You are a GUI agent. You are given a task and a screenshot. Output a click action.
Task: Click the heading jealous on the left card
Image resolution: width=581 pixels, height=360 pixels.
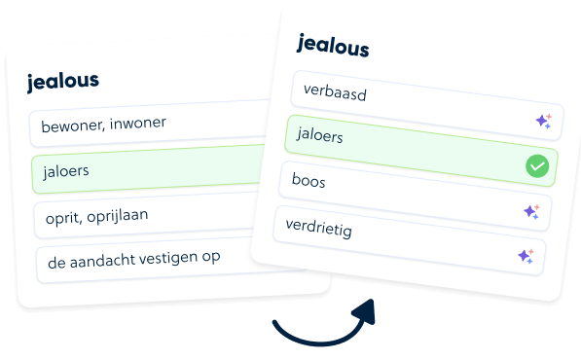(63, 82)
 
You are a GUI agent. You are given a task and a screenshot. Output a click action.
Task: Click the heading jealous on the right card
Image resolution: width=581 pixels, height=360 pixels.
(333, 46)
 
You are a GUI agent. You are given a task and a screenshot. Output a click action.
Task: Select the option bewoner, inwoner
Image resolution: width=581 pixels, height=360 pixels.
(103, 125)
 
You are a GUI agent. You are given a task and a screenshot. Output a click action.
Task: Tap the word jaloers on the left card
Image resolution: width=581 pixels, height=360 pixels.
(66, 171)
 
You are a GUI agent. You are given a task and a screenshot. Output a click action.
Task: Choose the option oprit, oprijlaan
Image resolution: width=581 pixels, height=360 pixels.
(96, 216)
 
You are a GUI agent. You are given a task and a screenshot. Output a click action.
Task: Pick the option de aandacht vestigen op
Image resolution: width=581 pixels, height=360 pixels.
(133, 259)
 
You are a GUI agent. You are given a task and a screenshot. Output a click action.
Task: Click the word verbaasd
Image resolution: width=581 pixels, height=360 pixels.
(335, 92)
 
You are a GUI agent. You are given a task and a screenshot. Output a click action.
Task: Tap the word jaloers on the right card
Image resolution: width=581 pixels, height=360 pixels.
(319, 135)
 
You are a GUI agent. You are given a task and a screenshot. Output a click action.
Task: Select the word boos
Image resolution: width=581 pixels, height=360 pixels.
(309, 180)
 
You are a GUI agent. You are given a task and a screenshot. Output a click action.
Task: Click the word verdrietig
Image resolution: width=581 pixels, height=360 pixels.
(318, 228)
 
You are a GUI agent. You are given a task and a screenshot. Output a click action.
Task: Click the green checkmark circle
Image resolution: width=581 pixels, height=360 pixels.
(537, 166)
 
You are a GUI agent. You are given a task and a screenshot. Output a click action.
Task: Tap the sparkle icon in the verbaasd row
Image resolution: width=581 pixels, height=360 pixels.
(544, 121)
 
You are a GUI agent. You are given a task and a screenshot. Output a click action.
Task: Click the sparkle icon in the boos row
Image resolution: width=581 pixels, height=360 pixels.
(531, 212)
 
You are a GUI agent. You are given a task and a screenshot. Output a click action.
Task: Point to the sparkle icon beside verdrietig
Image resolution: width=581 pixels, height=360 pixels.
(526, 256)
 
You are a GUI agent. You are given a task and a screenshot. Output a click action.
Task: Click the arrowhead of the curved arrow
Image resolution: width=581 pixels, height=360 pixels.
(365, 313)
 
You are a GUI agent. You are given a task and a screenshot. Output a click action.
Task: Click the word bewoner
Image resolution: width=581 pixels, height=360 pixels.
(72, 126)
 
